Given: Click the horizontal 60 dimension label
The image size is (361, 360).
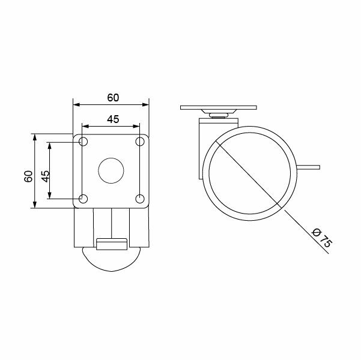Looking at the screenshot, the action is pos(113,98).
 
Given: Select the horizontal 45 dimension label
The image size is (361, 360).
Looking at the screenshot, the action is pos(113,119).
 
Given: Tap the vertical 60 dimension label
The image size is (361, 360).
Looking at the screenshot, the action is pos(28,176).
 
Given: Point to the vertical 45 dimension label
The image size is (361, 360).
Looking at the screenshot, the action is pos(46,176).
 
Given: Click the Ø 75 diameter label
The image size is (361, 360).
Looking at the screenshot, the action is pos(322,238).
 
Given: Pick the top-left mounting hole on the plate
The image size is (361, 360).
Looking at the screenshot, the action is pos(83,142).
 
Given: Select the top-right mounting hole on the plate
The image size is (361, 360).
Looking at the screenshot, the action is pos(140,142).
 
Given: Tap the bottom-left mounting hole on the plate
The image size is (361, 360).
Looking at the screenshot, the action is pos(83,199).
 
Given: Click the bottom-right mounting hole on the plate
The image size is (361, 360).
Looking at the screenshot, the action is pos(140,199).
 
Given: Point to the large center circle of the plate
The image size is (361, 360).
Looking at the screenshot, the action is pos(111,170).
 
